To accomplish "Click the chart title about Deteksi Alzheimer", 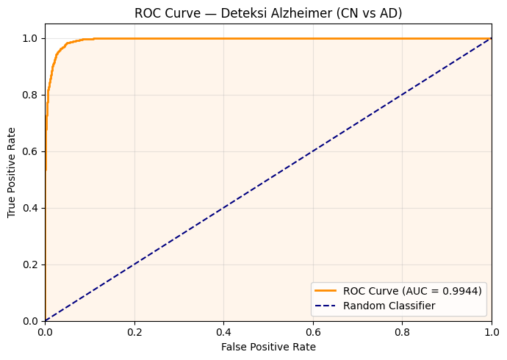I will pyautogui.click(x=268, y=13).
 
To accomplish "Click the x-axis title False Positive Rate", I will pyautogui.click(x=268, y=347).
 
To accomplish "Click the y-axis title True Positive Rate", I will pyautogui.click(x=12, y=173).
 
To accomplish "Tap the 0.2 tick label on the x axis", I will pyautogui.click(x=134, y=331).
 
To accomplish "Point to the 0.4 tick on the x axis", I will pyautogui.click(x=223, y=331).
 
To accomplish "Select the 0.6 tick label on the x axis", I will pyautogui.click(x=313, y=331).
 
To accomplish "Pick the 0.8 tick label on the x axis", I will pyautogui.click(x=402, y=331).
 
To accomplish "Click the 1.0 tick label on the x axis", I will pyautogui.click(x=491, y=331).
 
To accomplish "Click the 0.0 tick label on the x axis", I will pyautogui.click(x=45, y=331).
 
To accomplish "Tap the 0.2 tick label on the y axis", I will pyautogui.click(x=30, y=264).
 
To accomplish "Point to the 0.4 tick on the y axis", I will pyautogui.click(x=30, y=208).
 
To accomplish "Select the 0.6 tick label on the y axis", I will pyautogui.click(x=30, y=151).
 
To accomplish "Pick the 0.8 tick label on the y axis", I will pyautogui.click(x=30, y=95).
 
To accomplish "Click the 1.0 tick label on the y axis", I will pyautogui.click(x=30, y=38).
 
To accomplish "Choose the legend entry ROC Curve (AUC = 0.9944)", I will pyautogui.click(x=412, y=291).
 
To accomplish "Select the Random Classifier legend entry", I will pyautogui.click(x=389, y=305).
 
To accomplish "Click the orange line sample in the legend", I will pyautogui.click(x=326, y=291).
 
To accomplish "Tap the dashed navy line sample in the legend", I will pyautogui.click(x=326, y=305).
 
